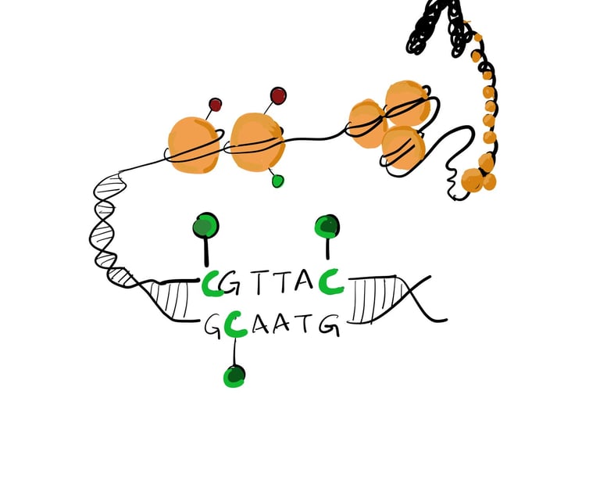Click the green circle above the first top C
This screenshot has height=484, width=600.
[205, 226]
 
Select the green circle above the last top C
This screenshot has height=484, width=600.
[327, 226]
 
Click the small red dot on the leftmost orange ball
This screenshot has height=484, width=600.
[215, 104]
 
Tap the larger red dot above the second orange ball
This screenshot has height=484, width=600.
[277, 96]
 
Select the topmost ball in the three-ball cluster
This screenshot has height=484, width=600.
[406, 102]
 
